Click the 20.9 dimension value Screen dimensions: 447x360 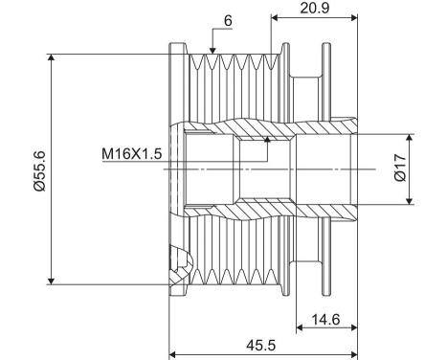(314, 8)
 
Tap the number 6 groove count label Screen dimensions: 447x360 (228, 21)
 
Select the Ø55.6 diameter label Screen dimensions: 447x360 (40, 171)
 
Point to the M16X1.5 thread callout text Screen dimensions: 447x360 (132, 153)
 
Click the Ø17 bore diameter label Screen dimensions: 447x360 (400, 168)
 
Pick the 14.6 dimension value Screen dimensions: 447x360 (325, 319)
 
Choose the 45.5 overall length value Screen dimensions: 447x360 (261, 345)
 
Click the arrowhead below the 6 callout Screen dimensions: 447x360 (212, 51)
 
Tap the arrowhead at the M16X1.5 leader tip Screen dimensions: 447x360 (267, 140)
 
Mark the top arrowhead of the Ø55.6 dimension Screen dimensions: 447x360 (51, 57)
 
